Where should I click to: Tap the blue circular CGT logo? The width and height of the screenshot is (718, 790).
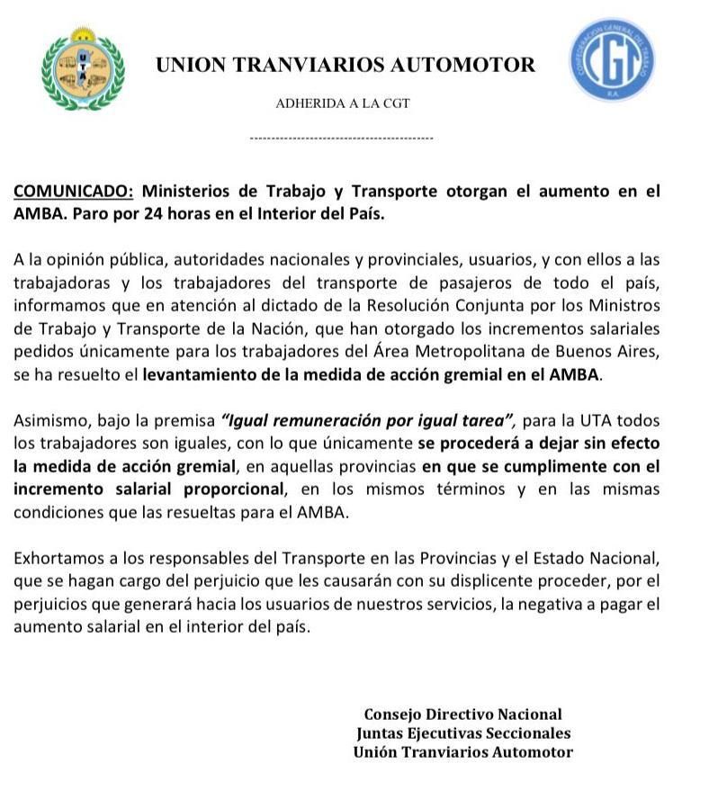point(611,60)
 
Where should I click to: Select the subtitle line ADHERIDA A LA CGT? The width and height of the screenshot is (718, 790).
point(342,103)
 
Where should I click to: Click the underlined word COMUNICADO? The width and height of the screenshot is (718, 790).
point(74,191)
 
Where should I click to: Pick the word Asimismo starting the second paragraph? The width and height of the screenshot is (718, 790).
point(48,421)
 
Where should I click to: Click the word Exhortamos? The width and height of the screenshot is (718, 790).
point(57,559)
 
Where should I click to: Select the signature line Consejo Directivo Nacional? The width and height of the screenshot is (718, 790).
point(462,714)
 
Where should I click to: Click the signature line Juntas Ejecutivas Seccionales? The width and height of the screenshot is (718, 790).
point(462,733)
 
